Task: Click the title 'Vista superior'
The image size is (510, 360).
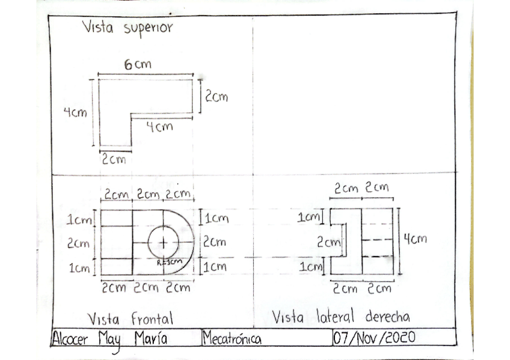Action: [x=127, y=28]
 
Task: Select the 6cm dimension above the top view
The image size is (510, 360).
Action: [x=139, y=64]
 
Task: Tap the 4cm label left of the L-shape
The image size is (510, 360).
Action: [x=75, y=112]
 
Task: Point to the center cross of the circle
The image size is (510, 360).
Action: [x=163, y=242]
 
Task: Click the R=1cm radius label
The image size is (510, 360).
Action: [x=169, y=263]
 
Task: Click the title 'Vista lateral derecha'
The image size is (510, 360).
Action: [x=341, y=316]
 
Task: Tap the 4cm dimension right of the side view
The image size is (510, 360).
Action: [x=415, y=239]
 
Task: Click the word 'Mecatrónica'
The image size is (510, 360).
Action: [x=232, y=339]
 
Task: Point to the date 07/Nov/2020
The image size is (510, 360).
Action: [x=373, y=337]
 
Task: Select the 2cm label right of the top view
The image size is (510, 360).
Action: [x=217, y=97]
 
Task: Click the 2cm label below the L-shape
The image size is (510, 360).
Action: [x=114, y=160]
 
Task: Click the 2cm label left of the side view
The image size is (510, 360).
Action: [x=329, y=243]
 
